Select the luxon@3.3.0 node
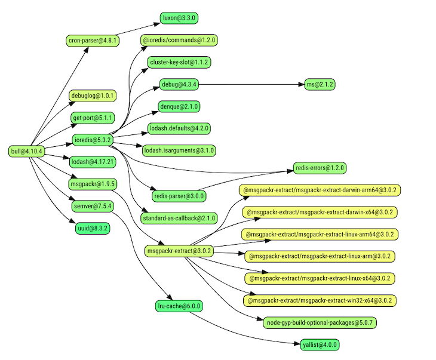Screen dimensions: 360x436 point(179,19)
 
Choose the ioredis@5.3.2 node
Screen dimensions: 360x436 point(92,140)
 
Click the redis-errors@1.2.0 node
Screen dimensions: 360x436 point(320,168)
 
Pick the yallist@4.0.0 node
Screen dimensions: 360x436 point(320,344)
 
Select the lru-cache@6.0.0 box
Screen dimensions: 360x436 point(179,306)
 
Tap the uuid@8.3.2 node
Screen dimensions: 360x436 point(92,228)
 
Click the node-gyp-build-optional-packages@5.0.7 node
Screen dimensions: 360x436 point(320,323)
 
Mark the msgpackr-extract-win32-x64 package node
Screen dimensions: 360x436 point(320,300)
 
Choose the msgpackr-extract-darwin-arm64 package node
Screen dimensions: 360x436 point(320,190)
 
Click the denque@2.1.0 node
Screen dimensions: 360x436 point(179,106)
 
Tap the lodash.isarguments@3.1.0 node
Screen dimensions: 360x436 point(179,150)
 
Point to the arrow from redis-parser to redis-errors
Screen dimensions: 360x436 point(251,179)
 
